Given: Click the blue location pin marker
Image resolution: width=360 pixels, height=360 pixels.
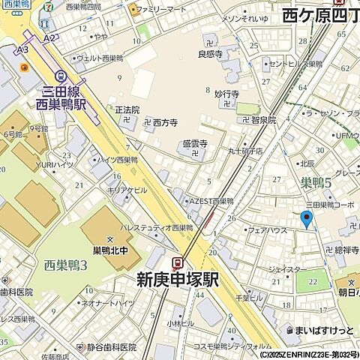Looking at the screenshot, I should click(305, 218).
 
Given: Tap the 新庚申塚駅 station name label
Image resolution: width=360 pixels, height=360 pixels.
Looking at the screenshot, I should click(177, 280).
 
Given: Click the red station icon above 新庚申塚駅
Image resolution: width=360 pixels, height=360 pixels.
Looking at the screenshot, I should click(178, 262).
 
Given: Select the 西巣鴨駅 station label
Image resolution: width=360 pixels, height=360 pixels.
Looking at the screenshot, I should click(64, 105).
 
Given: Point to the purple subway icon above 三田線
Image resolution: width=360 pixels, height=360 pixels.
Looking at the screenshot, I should click(64, 75).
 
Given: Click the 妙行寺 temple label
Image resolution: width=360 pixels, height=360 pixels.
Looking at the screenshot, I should click(226, 94).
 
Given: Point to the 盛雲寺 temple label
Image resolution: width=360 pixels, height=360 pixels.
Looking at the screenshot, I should click(194, 142).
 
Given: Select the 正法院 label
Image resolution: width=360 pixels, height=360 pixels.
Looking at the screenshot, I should click(127, 109).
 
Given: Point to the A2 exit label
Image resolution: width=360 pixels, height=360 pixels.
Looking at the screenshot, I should click(49, 37).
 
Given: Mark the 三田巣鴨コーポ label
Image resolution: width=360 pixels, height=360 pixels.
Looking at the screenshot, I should click(329, 204).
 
